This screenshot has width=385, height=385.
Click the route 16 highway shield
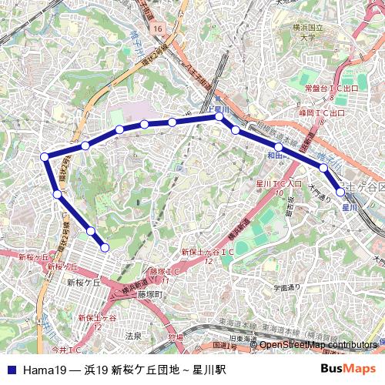pos(159,28)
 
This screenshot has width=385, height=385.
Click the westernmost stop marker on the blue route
pos(45,157)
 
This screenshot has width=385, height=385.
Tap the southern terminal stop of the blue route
pos(105,247)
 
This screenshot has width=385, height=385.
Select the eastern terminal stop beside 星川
pos(341,192)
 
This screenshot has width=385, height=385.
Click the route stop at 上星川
pos(219,118)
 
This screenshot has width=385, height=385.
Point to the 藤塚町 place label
pos(152,294)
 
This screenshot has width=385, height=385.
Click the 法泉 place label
pos(133,336)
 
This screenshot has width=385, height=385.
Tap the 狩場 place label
pos(175,336)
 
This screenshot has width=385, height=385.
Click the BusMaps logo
pos(348,369)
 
